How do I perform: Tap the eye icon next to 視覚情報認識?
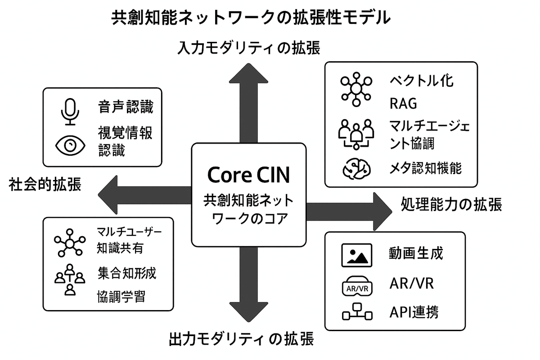(x=70, y=145)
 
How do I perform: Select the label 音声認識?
(x=126, y=108)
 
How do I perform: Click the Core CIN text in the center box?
(x=249, y=175)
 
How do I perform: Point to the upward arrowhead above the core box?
(x=249, y=74)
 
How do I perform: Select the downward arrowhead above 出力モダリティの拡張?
(x=249, y=315)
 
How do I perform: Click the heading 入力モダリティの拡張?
(x=249, y=47)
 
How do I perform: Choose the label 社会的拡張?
(x=45, y=184)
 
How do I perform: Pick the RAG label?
(x=403, y=104)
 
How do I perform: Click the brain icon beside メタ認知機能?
(x=356, y=168)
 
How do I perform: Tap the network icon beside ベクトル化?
(x=356, y=88)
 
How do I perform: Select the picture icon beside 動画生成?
(x=356, y=255)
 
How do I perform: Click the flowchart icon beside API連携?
(x=356, y=312)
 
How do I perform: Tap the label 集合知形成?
(x=127, y=273)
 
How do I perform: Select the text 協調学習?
(x=121, y=297)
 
